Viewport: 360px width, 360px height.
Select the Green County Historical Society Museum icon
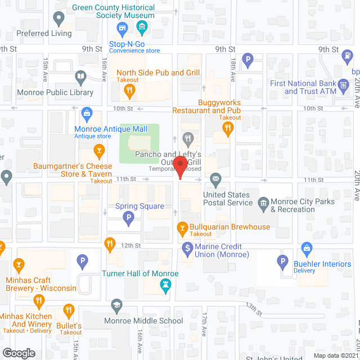click(x=141, y=26)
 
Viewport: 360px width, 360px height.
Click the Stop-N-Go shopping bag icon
click(x=121, y=28)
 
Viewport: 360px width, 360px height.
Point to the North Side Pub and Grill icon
click(x=129, y=90)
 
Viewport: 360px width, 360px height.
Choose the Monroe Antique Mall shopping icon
click(x=87, y=115)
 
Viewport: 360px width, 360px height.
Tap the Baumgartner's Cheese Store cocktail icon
click(x=99, y=150)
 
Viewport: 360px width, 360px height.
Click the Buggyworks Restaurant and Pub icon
click(x=227, y=128)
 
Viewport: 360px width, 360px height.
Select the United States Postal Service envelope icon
click(x=215, y=180)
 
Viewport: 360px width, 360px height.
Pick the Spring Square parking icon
click(x=129, y=218)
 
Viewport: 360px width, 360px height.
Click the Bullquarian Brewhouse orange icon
click(x=182, y=227)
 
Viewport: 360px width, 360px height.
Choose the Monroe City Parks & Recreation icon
click(x=263, y=202)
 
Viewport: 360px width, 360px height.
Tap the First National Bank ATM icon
click(x=343, y=88)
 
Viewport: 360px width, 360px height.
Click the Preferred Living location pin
click(x=58, y=19)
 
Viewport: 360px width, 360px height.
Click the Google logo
click(x=19, y=353)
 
